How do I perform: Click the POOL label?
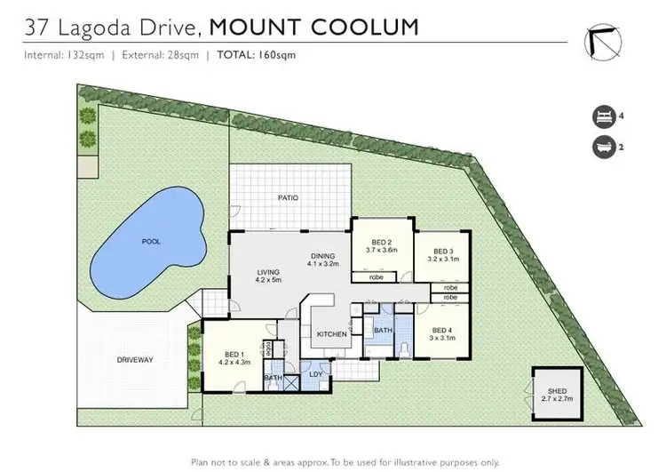coord(150,241)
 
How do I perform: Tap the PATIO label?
coord(287,197)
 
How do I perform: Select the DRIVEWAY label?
coord(135,360)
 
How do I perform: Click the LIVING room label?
coord(243,274)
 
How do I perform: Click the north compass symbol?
coord(600,42)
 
